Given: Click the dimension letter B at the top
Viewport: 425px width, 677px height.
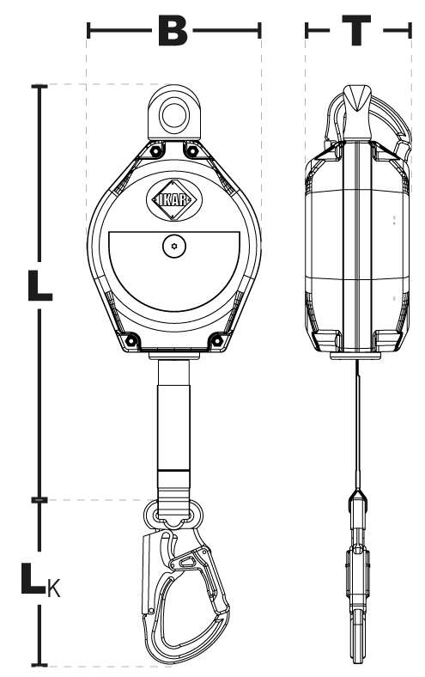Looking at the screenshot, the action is click(x=173, y=31).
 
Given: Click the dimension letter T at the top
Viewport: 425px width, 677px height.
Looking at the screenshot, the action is click(x=356, y=31).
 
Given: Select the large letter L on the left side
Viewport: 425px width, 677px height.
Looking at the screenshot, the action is click(x=39, y=285).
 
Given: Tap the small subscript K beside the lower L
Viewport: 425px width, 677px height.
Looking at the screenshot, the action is click(x=54, y=589).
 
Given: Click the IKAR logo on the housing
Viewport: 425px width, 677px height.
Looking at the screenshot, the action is click(x=174, y=200).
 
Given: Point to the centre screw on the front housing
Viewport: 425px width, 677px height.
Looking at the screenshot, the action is click(x=174, y=246).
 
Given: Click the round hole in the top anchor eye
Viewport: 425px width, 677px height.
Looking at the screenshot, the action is click(x=174, y=115).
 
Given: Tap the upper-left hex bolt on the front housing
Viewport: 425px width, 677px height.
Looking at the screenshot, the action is click(x=155, y=151).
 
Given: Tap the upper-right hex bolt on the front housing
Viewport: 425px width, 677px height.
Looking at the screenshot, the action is click(x=192, y=151).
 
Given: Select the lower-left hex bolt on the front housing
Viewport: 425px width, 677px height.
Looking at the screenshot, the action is click(x=131, y=341).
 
